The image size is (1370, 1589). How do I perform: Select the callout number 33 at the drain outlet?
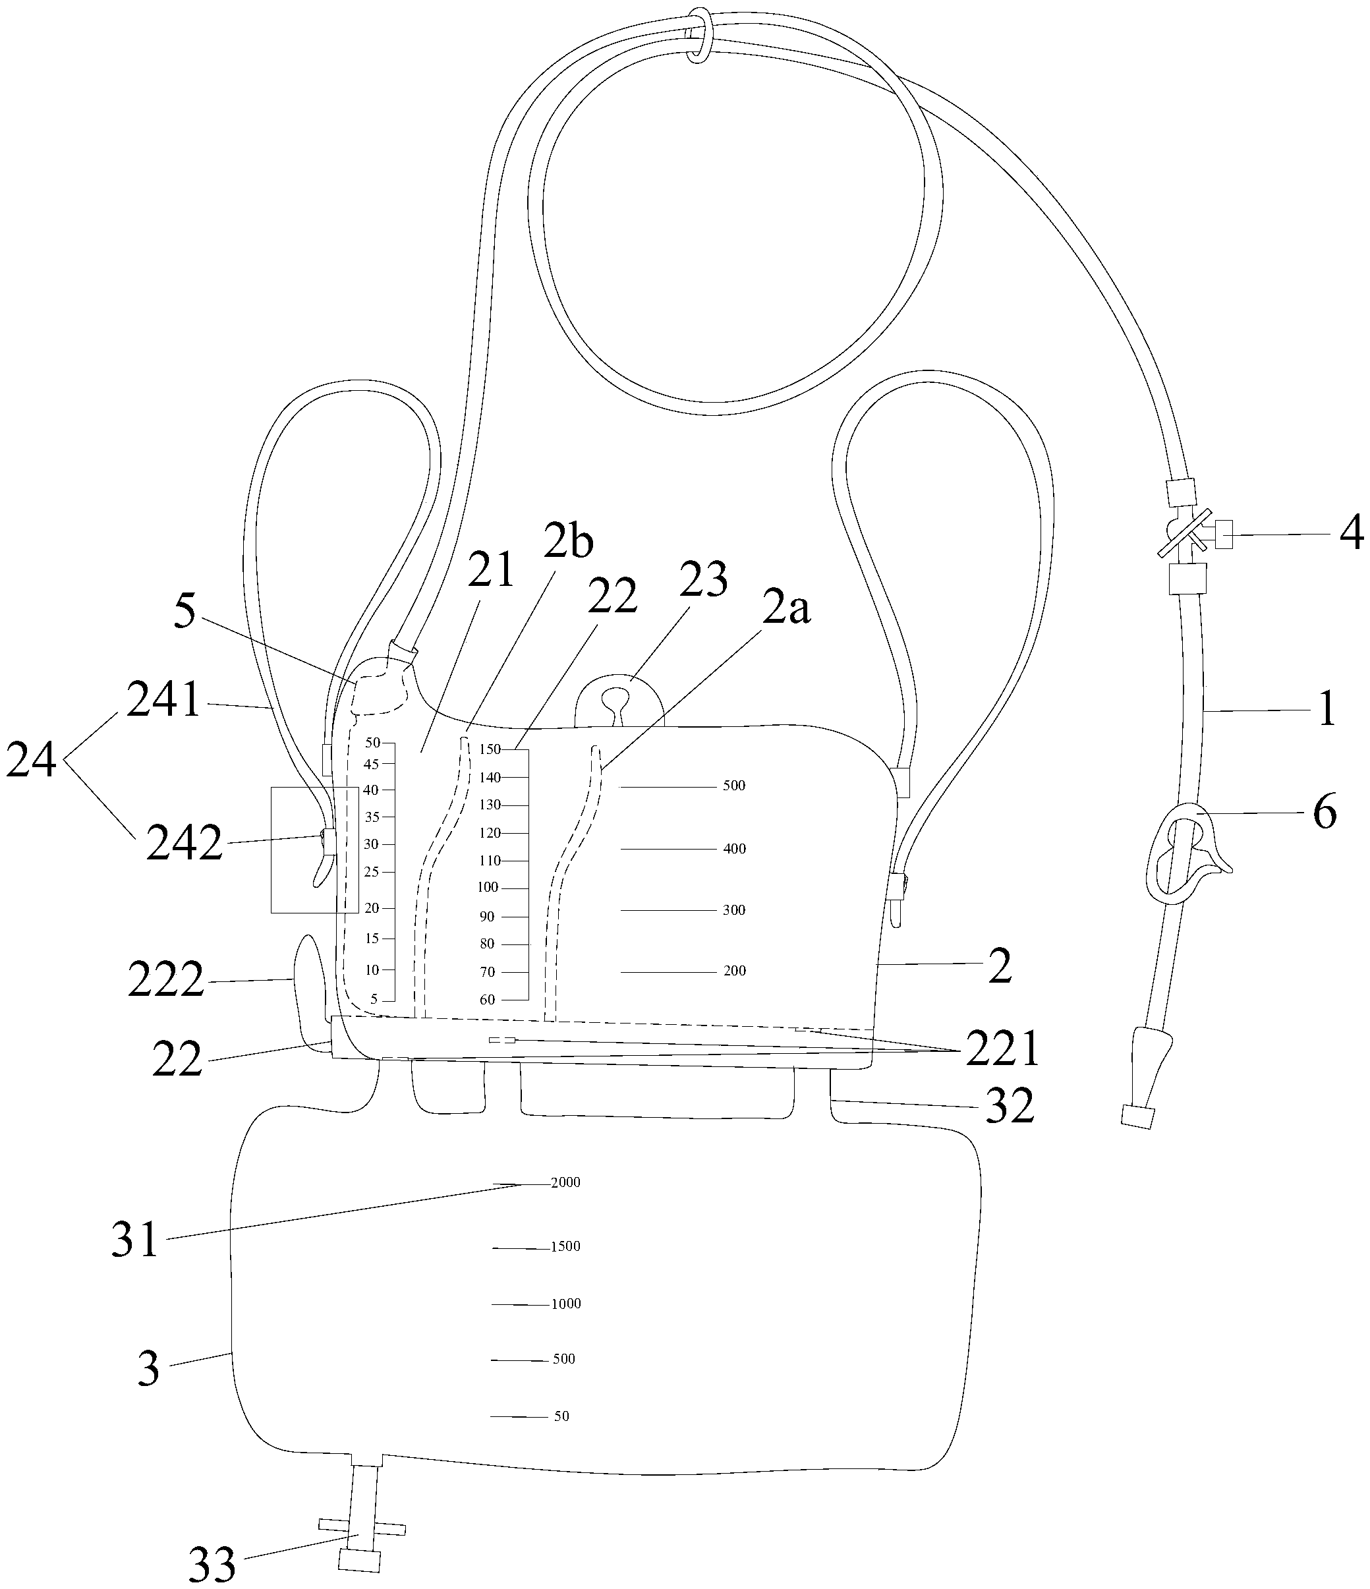coord(212,1565)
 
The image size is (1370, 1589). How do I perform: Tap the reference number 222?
coord(165,980)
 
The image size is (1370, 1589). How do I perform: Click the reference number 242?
coord(184,844)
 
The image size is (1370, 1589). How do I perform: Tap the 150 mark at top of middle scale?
coord(490,749)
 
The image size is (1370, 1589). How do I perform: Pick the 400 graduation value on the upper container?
coord(735,849)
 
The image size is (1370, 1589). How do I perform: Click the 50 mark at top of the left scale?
coord(372,742)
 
